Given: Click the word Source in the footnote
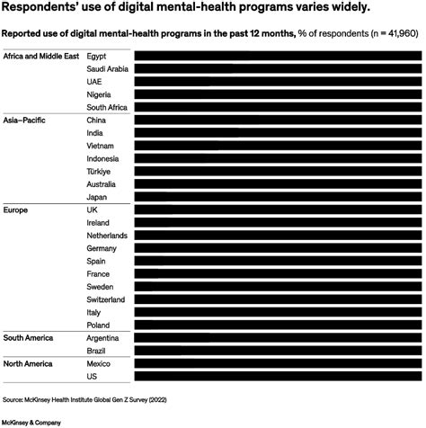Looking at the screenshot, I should [x=13, y=397].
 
